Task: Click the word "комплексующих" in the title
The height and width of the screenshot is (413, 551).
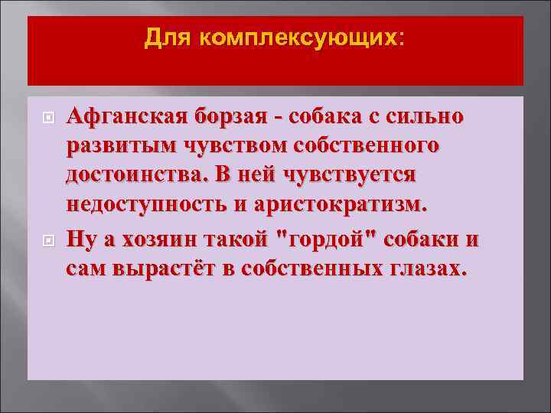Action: tap(299, 37)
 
